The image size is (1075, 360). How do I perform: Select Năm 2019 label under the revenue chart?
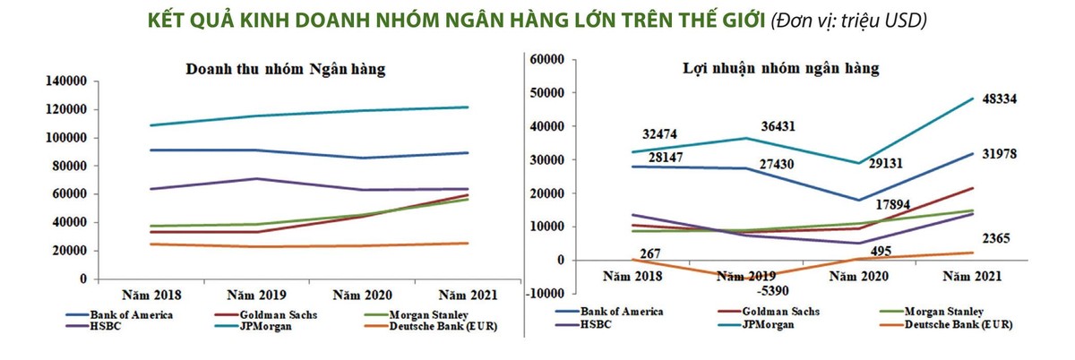254,294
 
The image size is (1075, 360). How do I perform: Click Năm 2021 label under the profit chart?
970,277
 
